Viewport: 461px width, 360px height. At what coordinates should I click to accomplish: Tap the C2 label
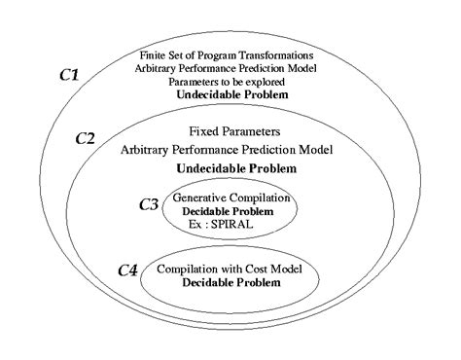pyautogui.click(x=87, y=138)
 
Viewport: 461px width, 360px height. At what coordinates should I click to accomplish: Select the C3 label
pyautogui.click(x=148, y=205)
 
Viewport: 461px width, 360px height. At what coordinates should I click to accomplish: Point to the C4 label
pyautogui.click(x=128, y=270)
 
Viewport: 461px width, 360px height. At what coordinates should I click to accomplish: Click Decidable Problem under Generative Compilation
pyautogui.click(x=230, y=211)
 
